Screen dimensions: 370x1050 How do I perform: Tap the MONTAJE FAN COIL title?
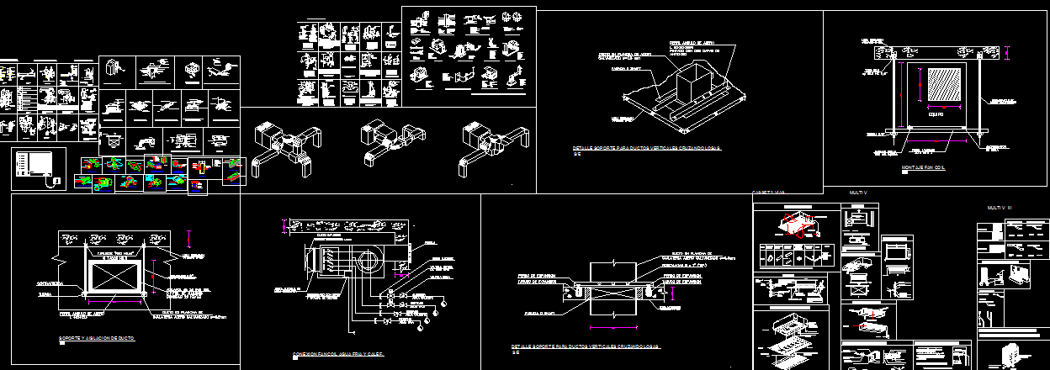pos(924,167)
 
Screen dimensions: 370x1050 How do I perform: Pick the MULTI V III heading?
pos(1000,207)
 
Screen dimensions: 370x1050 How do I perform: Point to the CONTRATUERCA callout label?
pos(51,285)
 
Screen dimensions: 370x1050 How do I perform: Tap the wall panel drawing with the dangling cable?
pos(39,167)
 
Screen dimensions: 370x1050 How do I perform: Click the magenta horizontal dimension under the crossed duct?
pos(117,300)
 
